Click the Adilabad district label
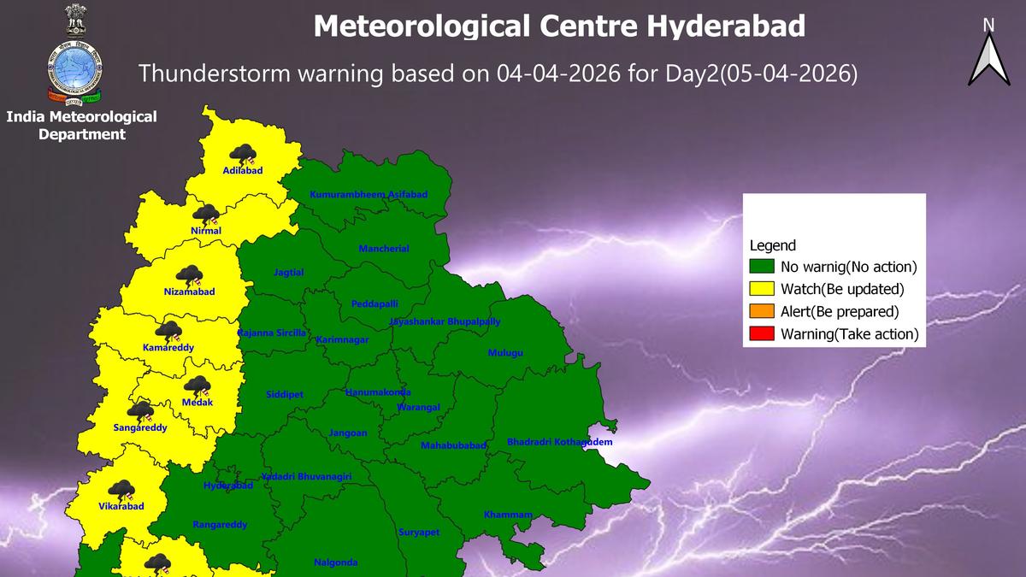[242, 170]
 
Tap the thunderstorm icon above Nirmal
[205, 215]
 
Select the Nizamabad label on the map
[189, 291]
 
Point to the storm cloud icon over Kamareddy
[168, 332]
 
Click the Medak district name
[198, 402]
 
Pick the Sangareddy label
[140, 427]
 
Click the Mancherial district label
[384, 249]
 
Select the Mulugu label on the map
[504, 353]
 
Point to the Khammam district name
[508, 515]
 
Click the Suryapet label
[419, 533]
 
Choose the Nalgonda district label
[336, 562]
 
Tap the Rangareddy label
[220, 525]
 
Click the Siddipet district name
[284, 395]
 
